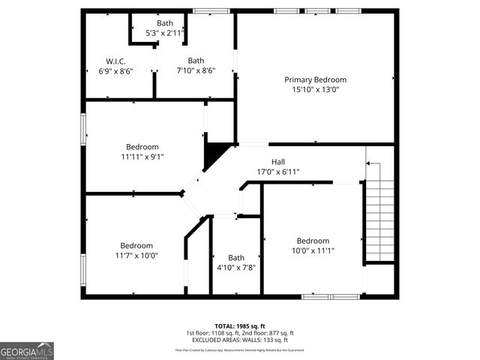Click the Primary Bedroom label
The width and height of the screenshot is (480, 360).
pyautogui.click(x=315, y=79)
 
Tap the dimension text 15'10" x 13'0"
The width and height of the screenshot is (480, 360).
pyautogui.click(x=315, y=90)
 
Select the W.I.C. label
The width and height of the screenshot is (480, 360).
pyautogui.click(x=115, y=61)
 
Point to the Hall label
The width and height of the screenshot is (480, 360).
pyautogui.click(x=278, y=161)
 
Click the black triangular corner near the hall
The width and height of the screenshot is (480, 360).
pyautogui.click(x=216, y=154)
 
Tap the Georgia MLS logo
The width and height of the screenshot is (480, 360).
pyautogui.click(x=27, y=351)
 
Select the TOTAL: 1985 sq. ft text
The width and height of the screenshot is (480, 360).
pyautogui.click(x=240, y=326)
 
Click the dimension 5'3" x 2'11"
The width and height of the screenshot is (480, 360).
pyautogui.click(x=164, y=33)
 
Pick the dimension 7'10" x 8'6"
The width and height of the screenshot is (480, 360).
pyautogui.click(x=196, y=71)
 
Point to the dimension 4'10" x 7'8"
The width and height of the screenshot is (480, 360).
pyautogui.click(x=236, y=268)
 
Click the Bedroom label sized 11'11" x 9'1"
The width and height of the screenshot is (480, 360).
pyautogui.click(x=142, y=146)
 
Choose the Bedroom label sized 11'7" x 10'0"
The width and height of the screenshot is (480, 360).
pyautogui.click(x=137, y=245)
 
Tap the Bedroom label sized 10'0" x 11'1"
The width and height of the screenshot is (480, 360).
pyautogui.click(x=313, y=241)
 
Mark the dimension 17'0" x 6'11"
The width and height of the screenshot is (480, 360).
pyautogui.click(x=278, y=172)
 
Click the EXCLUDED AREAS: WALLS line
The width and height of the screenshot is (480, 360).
pyautogui.click(x=240, y=340)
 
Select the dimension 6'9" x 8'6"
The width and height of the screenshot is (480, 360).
pyautogui.click(x=115, y=71)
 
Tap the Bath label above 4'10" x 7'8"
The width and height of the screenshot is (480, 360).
pyautogui.click(x=236, y=257)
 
